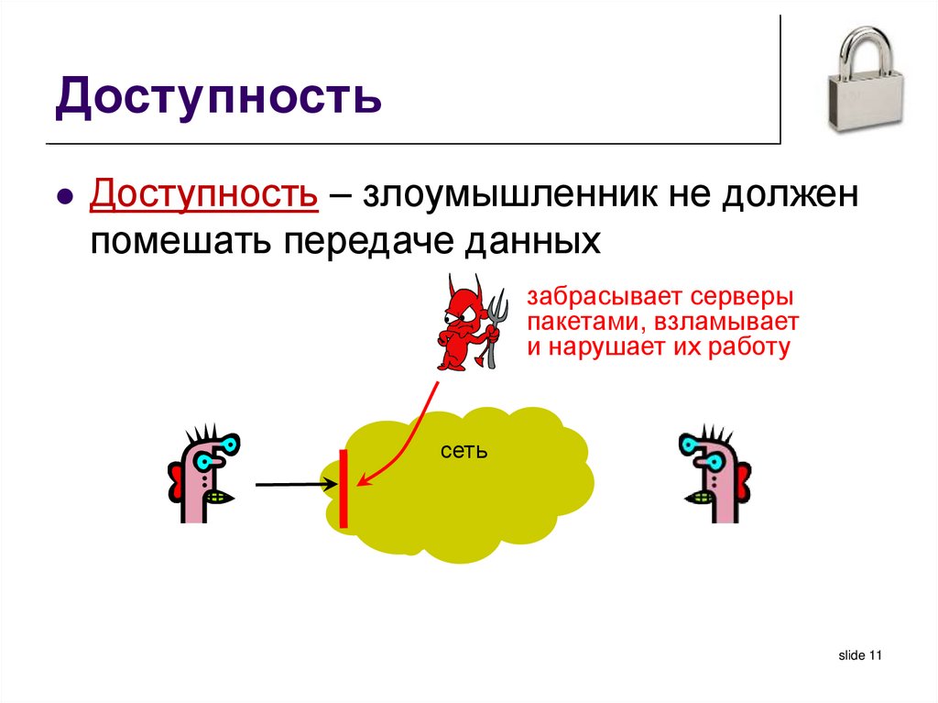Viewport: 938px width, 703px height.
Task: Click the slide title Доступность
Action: pyautogui.click(x=217, y=100)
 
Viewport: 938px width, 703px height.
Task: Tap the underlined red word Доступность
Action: pyautogui.click(x=203, y=195)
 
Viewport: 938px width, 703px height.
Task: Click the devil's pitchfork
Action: pyautogui.click(x=496, y=321)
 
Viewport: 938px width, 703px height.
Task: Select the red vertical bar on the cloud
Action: pyautogui.click(x=344, y=489)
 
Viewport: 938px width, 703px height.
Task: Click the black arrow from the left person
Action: pyautogui.click(x=291, y=483)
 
